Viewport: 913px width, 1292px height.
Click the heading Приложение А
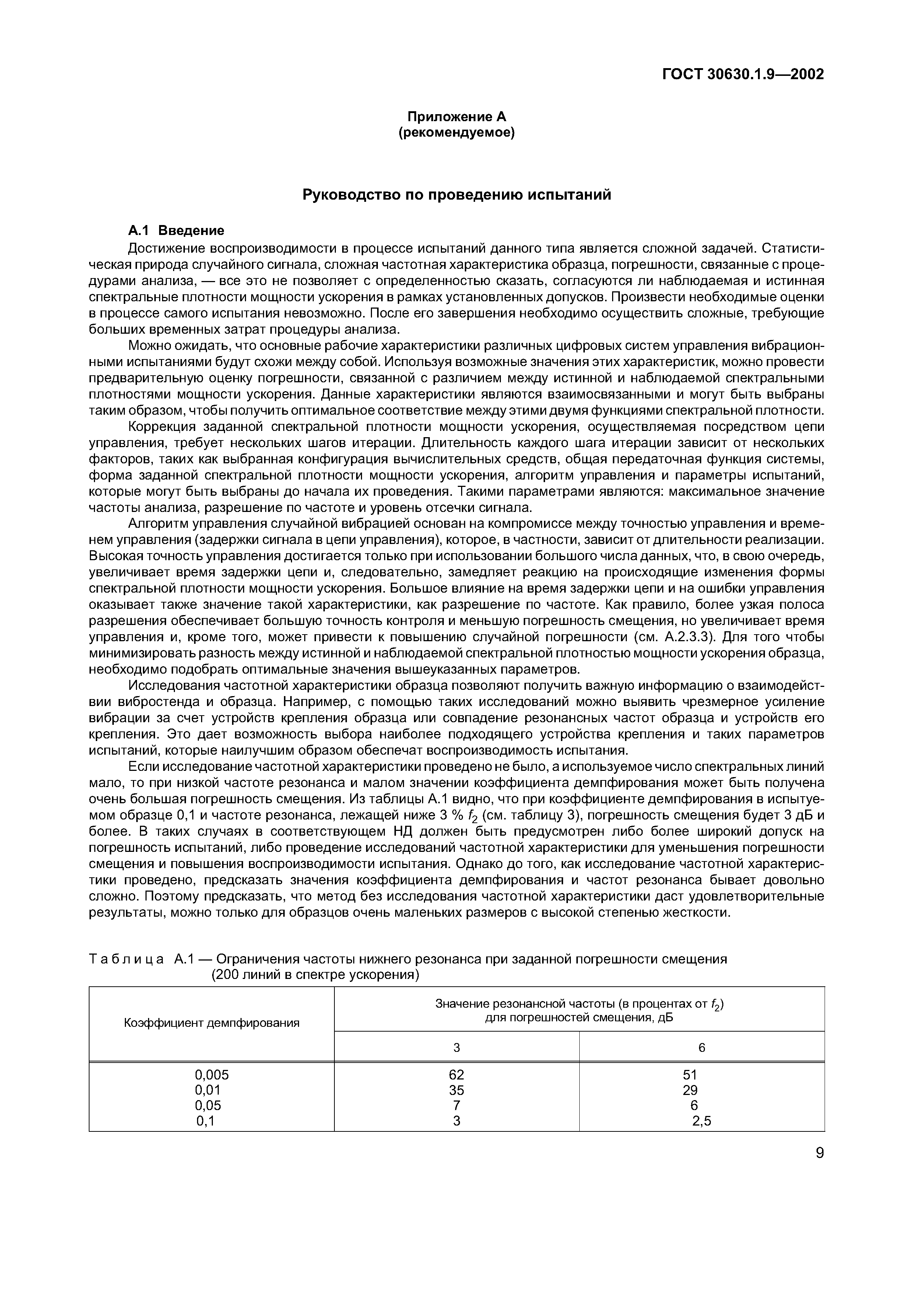click(x=457, y=116)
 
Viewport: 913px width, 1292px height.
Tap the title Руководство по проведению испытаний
click(x=457, y=195)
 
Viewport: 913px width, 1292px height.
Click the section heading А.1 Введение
click(x=176, y=230)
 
